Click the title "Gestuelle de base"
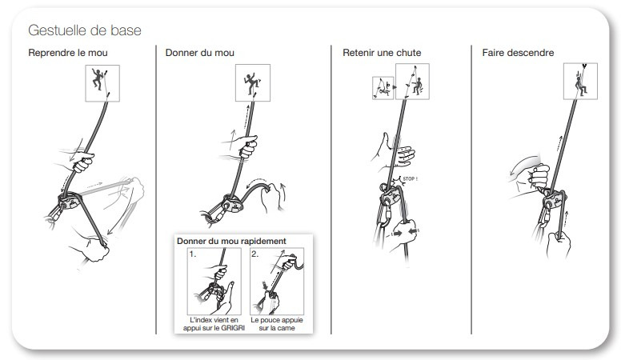coord(85,30)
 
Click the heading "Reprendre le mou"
coord(68,53)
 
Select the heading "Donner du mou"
coord(199,53)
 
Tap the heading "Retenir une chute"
coord(382,53)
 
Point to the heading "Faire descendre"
coord(518,53)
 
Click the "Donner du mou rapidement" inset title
coord(231,241)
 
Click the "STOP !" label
coord(410,179)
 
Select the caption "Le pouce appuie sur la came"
coord(277,324)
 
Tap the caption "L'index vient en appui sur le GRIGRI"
coord(214,324)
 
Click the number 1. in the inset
coord(193,254)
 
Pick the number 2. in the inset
coord(255,254)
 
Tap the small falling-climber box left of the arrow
coord(383,88)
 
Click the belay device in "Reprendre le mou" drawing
coord(69,201)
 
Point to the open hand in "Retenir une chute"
coord(396,153)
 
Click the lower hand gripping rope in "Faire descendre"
coord(559,243)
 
